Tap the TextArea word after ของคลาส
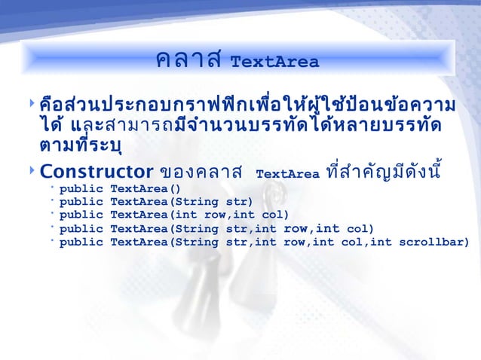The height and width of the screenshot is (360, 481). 288,174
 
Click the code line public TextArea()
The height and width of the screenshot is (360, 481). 121,189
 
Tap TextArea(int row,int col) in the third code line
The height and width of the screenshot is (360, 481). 199,215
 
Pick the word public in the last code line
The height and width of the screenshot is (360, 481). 81,242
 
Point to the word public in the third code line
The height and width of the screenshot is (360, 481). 81,215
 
